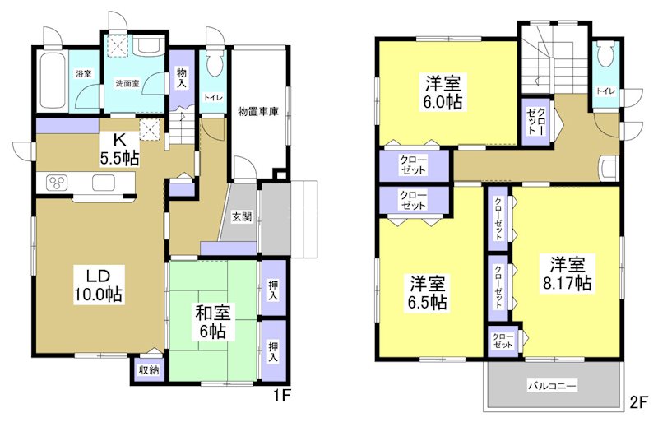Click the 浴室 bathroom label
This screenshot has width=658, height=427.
coord(84,74)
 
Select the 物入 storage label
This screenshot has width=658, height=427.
coord(182,78)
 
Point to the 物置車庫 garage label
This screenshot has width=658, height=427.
coord(258,110)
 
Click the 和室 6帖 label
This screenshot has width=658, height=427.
coord(213,321)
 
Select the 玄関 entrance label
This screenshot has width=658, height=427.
coord(240,217)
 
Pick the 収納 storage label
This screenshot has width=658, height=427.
coord(148,370)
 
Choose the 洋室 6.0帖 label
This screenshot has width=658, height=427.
coord(443,92)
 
